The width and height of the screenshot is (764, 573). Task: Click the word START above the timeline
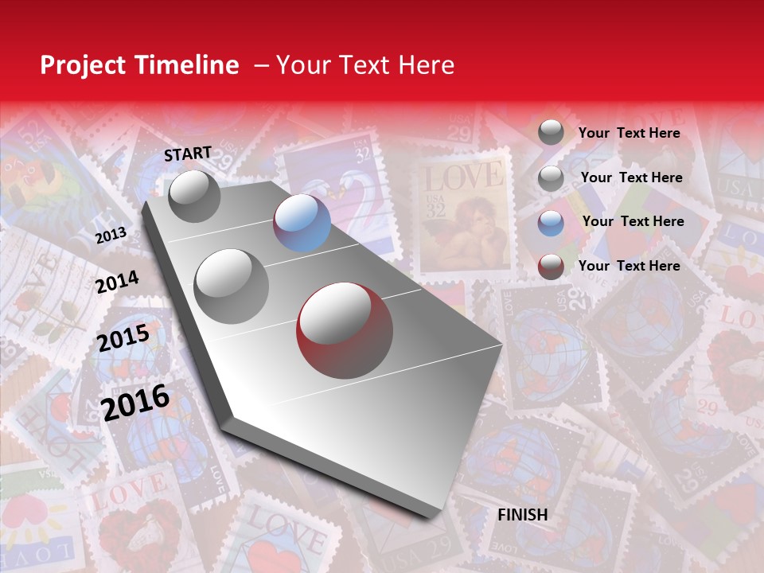click(188, 154)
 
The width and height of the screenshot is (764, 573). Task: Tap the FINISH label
click(522, 515)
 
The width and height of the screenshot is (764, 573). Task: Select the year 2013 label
click(111, 236)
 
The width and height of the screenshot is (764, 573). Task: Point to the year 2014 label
click(117, 282)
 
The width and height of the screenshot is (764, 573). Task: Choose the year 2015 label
click(123, 338)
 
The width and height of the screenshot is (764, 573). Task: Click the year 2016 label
click(135, 402)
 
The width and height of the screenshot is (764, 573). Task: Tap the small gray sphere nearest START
click(194, 196)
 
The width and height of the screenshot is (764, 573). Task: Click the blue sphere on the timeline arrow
click(302, 223)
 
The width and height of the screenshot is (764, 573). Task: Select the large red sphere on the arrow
click(345, 329)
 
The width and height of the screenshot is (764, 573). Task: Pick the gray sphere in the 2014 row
click(231, 286)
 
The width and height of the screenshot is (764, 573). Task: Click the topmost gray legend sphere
click(551, 132)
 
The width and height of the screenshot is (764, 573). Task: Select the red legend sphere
click(551, 266)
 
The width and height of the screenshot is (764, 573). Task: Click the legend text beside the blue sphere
click(633, 221)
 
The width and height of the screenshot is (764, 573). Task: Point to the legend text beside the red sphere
click(629, 266)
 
